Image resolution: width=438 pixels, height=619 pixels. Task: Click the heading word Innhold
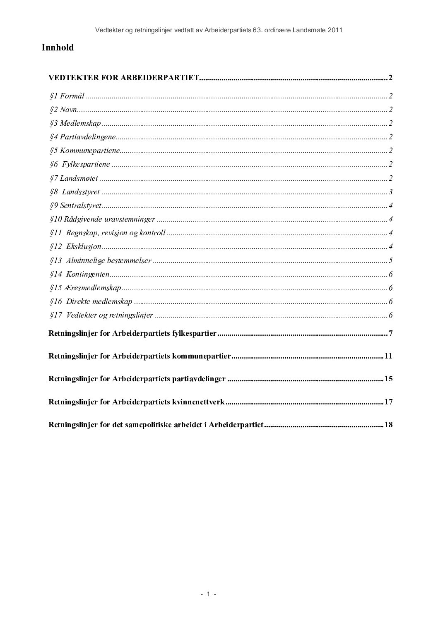tap(58, 48)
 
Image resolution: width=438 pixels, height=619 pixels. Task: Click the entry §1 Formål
tap(67, 96)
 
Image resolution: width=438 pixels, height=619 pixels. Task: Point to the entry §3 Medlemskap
tap(75, 123)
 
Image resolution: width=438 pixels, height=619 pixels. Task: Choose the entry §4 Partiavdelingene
tap(82, 137)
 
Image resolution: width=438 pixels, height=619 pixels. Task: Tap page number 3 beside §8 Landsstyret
tap(390, 192)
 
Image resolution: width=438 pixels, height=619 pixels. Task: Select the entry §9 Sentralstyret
tap(75, 206)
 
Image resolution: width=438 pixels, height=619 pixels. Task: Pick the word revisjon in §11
tap(113, 233)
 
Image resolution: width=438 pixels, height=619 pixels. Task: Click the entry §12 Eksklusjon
tap(75, 247)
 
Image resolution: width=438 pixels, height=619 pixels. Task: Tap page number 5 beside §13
tap(390, 261)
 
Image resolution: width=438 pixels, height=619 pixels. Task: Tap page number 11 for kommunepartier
tap(388, 356)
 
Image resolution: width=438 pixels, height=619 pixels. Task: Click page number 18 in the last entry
tap(388, 424)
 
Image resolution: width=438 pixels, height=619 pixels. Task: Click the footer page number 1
tap(209, 594)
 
